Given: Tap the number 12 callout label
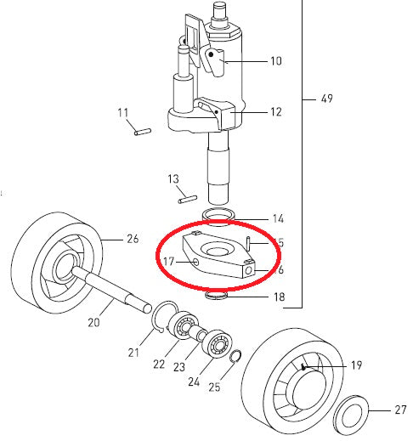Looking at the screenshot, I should coord(274,111).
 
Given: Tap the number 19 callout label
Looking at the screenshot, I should coord(356,366).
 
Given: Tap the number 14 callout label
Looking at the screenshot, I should coord(277,218).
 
